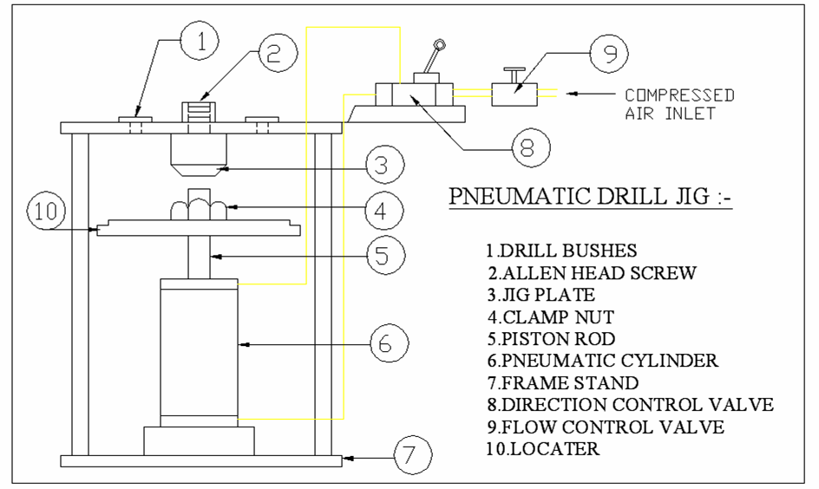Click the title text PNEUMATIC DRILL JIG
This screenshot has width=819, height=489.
[x=590, y=198]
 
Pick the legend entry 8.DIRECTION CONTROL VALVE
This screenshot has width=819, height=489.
[x=629, y=404]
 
